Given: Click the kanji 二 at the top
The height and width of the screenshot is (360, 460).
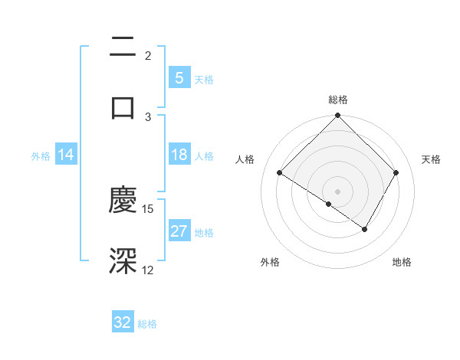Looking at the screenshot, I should (123, 48).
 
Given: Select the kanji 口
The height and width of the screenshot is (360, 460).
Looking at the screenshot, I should (123, 107).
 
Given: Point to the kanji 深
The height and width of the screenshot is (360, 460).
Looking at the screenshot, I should (123, 260).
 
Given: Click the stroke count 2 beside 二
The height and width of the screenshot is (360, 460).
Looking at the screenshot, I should (148, 56).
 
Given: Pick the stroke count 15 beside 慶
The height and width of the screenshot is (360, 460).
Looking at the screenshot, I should (149, 208).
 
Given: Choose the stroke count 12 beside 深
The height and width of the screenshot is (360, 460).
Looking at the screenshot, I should (148, 270).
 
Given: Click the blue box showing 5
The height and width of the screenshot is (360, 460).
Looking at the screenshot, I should (179, 77).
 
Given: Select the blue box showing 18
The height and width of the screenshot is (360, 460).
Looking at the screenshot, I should (179, 155).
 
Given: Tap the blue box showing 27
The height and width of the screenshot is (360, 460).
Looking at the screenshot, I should (179, 231).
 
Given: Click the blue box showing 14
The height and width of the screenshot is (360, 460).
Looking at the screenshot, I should (66, 155).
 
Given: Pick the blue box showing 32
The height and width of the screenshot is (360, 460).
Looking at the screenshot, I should (123, 322).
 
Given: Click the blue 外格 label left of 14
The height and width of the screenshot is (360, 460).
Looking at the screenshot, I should (41, 156).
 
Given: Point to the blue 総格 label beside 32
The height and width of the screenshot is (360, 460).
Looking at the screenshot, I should (147, 324).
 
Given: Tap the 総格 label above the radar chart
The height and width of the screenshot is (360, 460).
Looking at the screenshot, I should (338, 100).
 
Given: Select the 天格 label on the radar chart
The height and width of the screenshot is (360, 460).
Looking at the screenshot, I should (431, 159).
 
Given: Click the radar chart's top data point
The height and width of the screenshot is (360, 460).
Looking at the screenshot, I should (337, 117).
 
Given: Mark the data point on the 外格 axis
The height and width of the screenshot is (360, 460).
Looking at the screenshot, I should (329, 204).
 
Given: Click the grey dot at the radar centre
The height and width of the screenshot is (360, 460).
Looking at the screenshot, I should (337, 191).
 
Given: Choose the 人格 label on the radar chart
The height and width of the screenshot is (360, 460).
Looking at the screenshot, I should (245, 159).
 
